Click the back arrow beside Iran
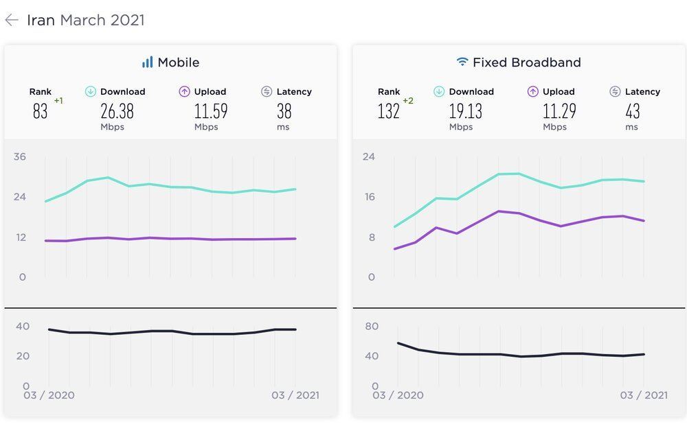12,20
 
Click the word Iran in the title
41,20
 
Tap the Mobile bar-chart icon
147,62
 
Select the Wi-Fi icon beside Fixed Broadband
462,62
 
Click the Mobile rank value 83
41,111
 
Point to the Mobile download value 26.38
117,111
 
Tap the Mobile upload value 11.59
211,111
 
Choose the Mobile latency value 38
284,111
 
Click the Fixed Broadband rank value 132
389,111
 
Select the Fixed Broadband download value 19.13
466,111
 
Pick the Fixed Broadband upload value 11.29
558,111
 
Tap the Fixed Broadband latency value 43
632,111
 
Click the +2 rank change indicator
408,101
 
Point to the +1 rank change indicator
58,101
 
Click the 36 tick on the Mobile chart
20,157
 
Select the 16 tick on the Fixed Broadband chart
370,198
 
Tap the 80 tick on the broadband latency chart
372,326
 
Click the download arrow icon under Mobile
91,91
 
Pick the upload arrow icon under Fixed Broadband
533,91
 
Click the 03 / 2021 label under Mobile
295,395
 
